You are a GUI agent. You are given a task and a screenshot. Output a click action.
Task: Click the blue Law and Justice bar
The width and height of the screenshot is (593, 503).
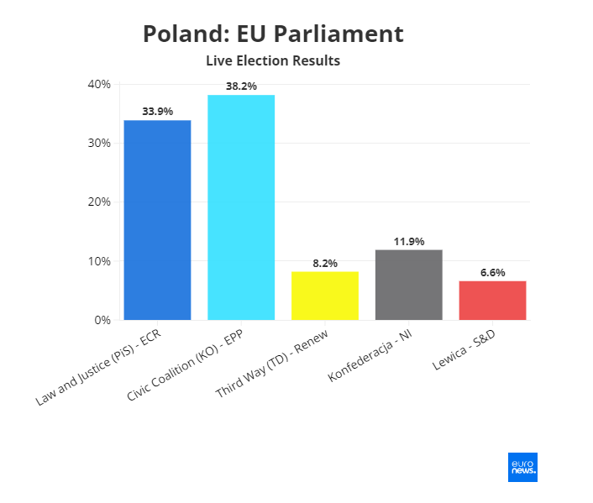click(157, 220)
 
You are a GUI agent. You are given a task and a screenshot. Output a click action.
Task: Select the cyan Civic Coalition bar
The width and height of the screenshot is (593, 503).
click(241, 207)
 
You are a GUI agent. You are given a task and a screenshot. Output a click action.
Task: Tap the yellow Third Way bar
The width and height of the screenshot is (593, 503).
click(325, 296)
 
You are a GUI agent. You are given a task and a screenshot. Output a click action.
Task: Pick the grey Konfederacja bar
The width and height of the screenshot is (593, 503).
click(409, 285)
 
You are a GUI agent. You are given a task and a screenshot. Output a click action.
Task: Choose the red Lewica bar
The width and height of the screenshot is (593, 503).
click(492, 300)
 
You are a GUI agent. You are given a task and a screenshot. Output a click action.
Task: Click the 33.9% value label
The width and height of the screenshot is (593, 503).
click(157, 111)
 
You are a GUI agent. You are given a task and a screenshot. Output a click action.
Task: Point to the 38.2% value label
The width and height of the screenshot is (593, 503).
click(241, 86)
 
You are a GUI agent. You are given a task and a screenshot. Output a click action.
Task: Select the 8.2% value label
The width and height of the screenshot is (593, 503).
click(325, 263)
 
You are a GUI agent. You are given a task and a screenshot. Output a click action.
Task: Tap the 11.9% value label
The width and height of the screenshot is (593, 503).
click(409, 241)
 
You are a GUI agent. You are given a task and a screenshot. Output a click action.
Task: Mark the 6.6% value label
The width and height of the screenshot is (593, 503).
click(492, 272)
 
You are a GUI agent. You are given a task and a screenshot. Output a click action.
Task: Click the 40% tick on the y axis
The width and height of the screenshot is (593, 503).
click(99, 84)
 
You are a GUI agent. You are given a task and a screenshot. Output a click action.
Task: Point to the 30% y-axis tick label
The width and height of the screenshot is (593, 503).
click(99, 144)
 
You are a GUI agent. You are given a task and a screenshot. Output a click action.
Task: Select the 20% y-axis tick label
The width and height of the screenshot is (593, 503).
click(99, 202)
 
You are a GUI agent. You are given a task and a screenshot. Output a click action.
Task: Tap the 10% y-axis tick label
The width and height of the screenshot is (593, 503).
click(99, 261)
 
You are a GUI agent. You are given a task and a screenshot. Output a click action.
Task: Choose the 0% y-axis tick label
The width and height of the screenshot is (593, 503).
click(102, 320)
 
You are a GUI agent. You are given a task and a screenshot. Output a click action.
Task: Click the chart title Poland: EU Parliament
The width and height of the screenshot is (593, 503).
click(273, 34)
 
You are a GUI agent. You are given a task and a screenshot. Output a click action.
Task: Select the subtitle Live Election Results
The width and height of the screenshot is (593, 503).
click(273, 61)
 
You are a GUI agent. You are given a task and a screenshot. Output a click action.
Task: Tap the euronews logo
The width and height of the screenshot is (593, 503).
click(522, 467)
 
